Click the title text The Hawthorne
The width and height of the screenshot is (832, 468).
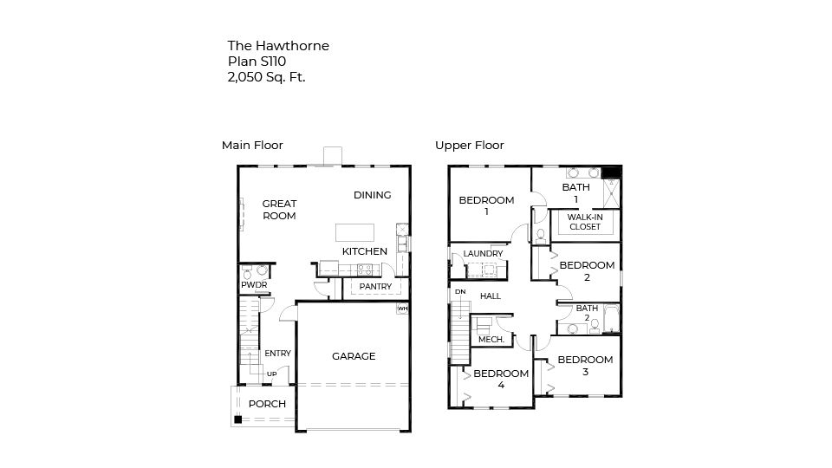(x=278, y=46)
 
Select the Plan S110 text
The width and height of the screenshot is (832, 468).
(x=257, y=62)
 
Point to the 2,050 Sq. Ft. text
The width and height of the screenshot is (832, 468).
(x=266, y=77)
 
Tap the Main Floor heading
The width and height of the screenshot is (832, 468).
(x=252, y=146)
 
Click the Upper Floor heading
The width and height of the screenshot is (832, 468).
(x=469, y=146)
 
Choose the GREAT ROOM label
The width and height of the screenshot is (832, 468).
(x=279, y=210)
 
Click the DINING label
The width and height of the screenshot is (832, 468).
(x=372, y=195)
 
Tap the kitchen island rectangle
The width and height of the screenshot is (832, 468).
(x=355, y=232)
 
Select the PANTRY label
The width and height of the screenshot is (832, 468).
(x=375, y=287)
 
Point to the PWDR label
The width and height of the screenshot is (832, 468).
(x=253, y=285)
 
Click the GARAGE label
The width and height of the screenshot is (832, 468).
(x=354, y=356)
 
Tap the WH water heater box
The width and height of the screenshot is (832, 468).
(x=402, y=308)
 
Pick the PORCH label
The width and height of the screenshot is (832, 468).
(x=267, y=404)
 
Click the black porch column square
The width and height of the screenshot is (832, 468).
(x=237, y=420)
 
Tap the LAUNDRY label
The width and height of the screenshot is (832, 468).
(x=483, y=254)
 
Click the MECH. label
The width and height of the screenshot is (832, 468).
(x=491, y=340)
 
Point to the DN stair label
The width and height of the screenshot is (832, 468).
(x=460, y=292)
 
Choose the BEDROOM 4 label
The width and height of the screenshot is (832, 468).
(x=500, y=379)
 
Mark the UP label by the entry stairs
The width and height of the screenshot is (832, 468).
(x=271, y=374)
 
